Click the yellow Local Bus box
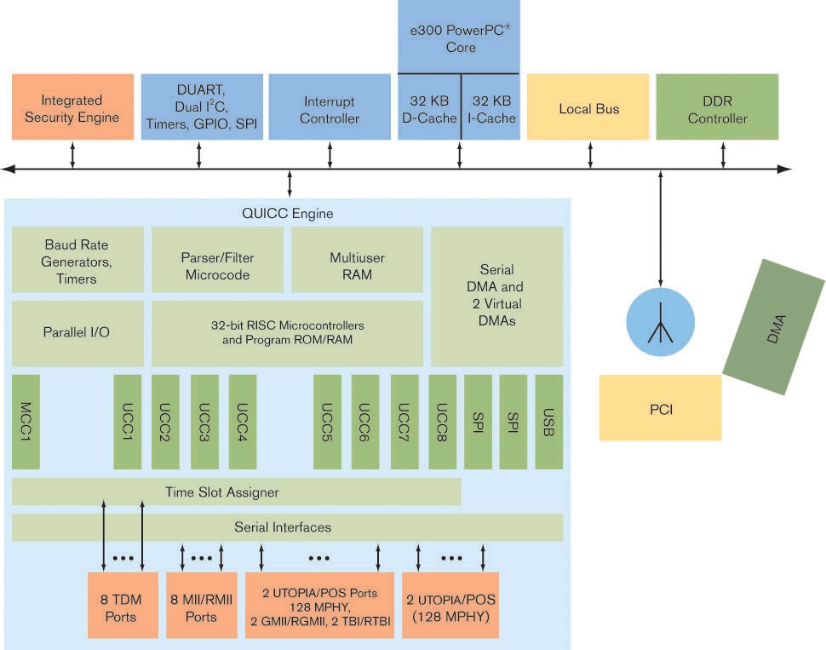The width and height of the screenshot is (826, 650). [588, 108]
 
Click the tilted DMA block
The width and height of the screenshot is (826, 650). [773, 327]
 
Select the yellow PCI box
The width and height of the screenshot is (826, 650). [660, 408]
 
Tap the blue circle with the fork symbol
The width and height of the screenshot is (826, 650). [661, 323]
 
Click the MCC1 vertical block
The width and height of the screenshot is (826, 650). [26, 421]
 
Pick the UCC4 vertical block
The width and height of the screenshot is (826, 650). [243, 421]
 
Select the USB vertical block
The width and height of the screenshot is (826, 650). [549, 421]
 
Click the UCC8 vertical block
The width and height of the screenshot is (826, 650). [442, 421]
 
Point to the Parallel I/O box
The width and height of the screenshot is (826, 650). [77, 332]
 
